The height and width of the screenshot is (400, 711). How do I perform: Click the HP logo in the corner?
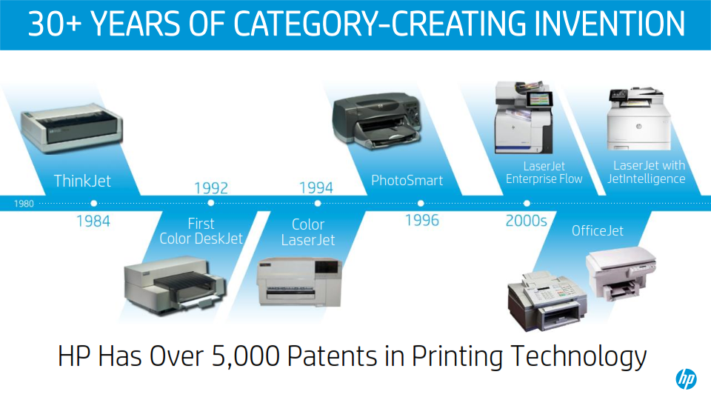click(x=686, y=379)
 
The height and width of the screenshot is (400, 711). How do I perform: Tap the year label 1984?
click(x=93, y=221)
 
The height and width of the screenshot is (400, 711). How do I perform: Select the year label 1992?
click(x=211, y=187)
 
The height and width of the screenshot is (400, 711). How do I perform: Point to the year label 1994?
click(x=316, y=187)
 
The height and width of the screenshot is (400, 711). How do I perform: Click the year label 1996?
click(x=421, y=221)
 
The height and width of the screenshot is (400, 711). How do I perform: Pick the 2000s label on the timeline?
click(x=526, y=221)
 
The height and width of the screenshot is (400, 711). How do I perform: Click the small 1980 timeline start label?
click(x=24, y=204)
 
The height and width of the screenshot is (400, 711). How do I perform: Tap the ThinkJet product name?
click(x=82, y=181)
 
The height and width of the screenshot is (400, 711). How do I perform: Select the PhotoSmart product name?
click(x=407, y=180)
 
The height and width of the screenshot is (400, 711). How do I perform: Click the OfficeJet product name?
click(x=597, y=231)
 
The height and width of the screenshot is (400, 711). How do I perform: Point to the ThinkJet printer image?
click(x=72, y=128)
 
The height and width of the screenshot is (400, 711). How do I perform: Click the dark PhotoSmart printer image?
click(x=377, y=121)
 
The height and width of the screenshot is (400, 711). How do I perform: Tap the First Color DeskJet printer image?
click(x=176, y=284)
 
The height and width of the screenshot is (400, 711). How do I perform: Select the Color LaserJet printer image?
click(x=299, y=282)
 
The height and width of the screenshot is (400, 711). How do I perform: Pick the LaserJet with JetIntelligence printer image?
click(x=639, y=119)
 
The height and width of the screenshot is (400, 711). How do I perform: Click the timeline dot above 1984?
click(x=93, y=204)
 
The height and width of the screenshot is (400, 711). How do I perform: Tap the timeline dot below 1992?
click(x=211, y=204)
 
